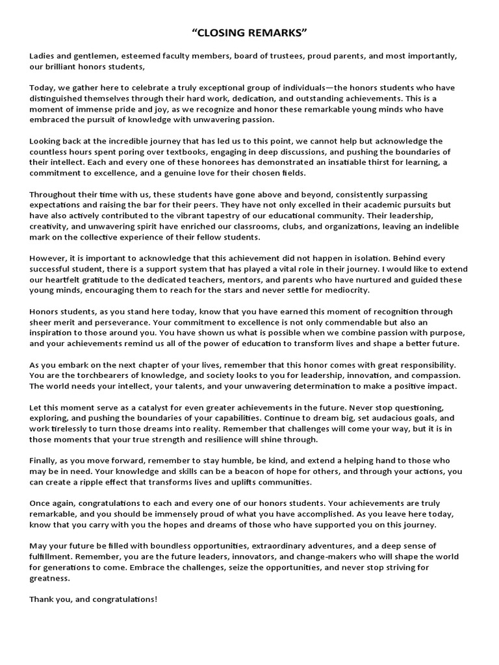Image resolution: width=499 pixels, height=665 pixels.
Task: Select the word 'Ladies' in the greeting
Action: tap(42, 56)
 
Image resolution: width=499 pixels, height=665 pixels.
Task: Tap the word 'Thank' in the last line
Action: tap(42, 599)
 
